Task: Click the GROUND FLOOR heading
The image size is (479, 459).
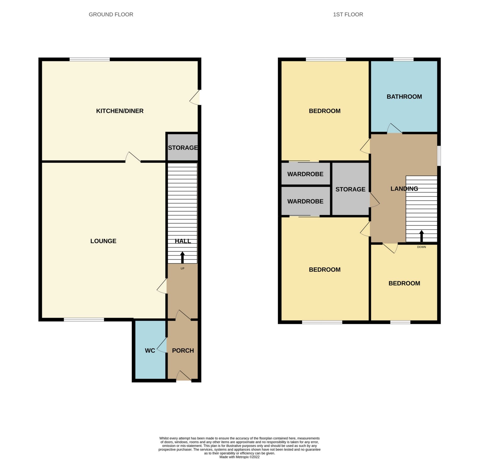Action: tap(111, 15)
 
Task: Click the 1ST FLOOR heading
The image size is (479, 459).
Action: tap(348, 15)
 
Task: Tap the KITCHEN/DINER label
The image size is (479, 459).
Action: tap(120, 111)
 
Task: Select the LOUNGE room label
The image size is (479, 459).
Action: tap(103, 241)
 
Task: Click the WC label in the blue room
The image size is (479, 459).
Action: tap(150, 351)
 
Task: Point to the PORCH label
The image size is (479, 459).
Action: tap(183, 351)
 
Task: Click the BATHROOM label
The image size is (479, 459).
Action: tap(404, 97)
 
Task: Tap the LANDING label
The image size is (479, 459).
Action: tap(404, 189)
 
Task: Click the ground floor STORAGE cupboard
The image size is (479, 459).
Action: tap(183, 148)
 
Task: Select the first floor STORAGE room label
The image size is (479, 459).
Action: tap(350, 189)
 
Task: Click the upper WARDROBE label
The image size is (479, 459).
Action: tap(305, 174)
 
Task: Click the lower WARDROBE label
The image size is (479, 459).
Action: tap(305, 201)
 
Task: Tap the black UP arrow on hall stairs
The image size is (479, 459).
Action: tap(182, 258)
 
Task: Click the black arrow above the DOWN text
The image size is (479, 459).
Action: tap(421, 236)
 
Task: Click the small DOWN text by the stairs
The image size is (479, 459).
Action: tap(421, 247)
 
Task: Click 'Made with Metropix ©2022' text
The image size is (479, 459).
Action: tap(239, 457)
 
